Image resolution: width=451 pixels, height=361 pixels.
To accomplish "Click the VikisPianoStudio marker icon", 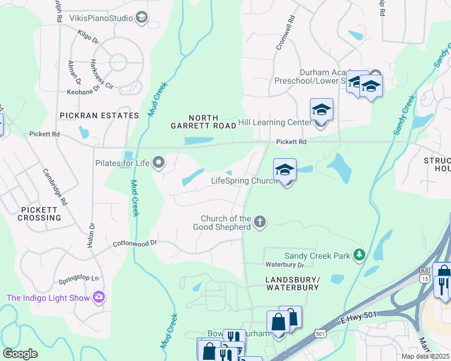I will coord(142,17).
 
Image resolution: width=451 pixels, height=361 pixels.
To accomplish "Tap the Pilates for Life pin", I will coord(159,162).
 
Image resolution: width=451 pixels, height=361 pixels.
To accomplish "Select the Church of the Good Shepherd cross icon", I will coord(260,222).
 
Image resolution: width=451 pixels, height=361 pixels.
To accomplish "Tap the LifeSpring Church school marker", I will coord(285,170).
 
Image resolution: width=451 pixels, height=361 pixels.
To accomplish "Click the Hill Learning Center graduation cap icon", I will coord(321,111).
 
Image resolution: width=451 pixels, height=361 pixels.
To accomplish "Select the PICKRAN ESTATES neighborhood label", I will coord(99,114).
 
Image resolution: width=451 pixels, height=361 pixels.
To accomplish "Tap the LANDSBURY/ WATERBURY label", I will coord(292,283).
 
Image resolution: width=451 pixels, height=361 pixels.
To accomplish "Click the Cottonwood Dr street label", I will coord(134,243).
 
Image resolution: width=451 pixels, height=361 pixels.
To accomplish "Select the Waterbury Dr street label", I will coord(285,265).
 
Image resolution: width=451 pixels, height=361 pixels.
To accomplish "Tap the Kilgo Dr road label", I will coord(88,37).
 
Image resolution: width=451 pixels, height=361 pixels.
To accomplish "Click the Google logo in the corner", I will coord(20,354).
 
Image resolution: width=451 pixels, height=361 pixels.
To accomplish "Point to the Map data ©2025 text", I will coord(425,357).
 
